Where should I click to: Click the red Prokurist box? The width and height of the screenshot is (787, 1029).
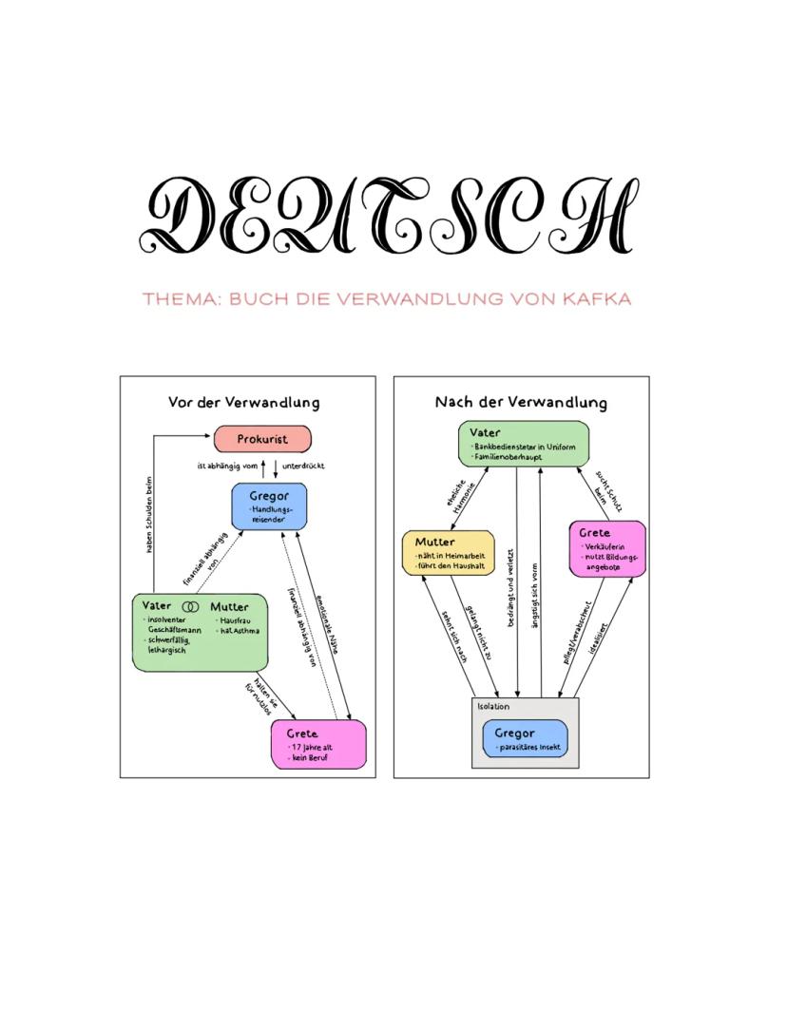pos(261,439)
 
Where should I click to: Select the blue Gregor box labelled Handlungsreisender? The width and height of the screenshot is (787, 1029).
pos(269,506)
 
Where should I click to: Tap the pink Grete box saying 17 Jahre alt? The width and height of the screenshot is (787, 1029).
pos(318,745)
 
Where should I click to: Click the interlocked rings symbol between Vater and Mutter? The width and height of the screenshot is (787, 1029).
pos(190,606)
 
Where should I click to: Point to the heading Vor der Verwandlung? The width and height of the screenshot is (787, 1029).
pos(243,402)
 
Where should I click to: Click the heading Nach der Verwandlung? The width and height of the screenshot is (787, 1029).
pos(521,402)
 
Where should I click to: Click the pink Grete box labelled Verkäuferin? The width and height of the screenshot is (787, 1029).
pos(607,547)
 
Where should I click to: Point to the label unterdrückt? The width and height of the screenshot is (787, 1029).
pos(304,467)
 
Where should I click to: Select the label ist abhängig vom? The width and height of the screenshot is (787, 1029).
pos(227,467)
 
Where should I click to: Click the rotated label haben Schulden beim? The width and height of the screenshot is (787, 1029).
pos(149,514)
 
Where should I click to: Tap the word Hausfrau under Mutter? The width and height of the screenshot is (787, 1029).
pos(236,620)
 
